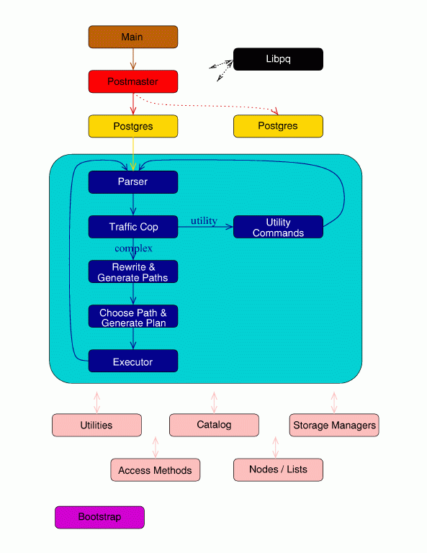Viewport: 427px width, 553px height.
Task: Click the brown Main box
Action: point(132,37)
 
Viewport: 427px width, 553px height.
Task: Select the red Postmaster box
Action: point(132,81)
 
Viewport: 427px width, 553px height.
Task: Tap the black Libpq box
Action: point(278,59)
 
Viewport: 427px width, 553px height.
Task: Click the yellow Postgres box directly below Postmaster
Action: point(132,126)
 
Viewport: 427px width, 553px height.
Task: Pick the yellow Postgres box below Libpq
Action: point(278,126)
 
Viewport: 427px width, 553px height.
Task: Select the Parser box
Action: point(132,182)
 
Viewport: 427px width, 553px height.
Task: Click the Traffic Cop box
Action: point(132,227)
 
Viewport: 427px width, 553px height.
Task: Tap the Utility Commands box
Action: point(278,227)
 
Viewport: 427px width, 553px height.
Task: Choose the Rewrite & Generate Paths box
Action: point(132,271)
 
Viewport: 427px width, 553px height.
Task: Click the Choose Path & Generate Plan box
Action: point(132,317)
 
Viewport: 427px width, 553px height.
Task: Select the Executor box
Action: point(132,361)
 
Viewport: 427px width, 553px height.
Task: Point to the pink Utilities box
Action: point(96,425)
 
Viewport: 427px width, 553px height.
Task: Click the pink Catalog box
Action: point(214,425)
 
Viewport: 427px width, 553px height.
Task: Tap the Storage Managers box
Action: point(334,425)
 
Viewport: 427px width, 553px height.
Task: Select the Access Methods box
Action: point(155,470)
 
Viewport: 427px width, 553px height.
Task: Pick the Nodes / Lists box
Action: point(278,469)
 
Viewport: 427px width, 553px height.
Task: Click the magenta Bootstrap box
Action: point(99,517)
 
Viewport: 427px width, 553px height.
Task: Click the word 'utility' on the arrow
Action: point(204,220)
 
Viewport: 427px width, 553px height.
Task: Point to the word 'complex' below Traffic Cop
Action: point(133,248)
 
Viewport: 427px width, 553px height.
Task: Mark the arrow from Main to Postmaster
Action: point(132,59)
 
